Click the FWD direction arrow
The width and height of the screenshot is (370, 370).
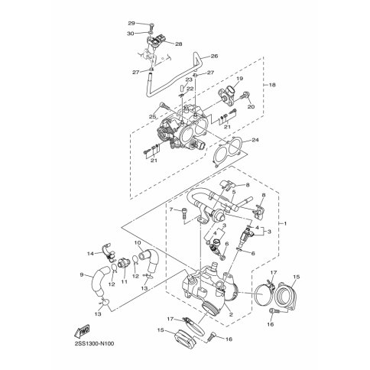tap(82, 331)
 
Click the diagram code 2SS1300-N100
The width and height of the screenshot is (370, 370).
tap(91, 344)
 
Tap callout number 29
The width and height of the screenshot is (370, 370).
tap(131, 24)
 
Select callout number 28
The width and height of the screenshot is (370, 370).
tap(179, 44)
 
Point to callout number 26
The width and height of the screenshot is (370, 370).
tap(215, 56)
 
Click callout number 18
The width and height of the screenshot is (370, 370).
tap(272, 85)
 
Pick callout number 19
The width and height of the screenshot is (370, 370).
tap(240, 79)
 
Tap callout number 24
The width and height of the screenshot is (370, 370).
tap(255, 140)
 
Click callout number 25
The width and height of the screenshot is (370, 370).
tap(152, 117)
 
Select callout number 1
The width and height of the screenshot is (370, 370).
tap(285, 223)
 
